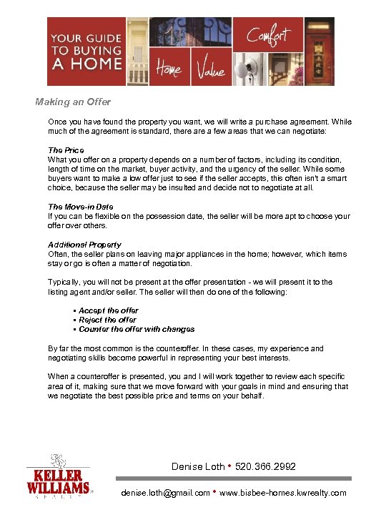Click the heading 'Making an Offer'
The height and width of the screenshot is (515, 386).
pyautogui.click(x=74, y=102)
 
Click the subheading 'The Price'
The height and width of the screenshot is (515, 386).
pyautogui.click(x=66, y=150)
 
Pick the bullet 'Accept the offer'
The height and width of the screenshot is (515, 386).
pyautogui.click(x=108, y=310)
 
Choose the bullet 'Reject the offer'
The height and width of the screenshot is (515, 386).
pyautogui.click(x=107, y=320)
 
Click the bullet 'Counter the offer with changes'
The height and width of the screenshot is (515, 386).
pyautogui.click(x=137, y=329)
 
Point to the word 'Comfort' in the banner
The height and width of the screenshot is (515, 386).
pyautogui.click(x=268, y=34)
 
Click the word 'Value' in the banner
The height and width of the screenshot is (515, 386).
pyautogui.click(x=210, y=70)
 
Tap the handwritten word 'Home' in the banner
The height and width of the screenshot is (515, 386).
pyautogui.click(x=169, y=70)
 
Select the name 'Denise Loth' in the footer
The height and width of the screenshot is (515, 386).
pyautogui.click(x=198, y=466)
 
